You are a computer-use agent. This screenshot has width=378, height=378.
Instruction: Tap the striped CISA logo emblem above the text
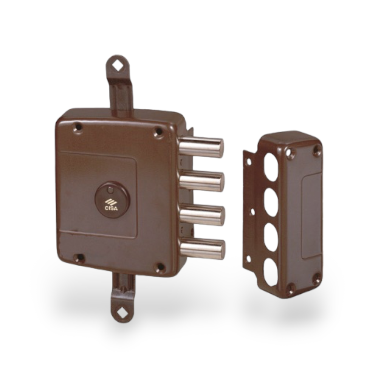click(x=111, y=200)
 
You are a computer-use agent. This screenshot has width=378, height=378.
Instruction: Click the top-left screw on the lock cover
click(x=78, y=128)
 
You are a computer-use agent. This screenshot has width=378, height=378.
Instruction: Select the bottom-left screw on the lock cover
click(x=79, y=258)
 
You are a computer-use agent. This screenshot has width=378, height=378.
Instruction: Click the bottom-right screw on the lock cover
click(x=160, y=267)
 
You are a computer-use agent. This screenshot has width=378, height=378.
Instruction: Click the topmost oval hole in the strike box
click(x=271, y=166)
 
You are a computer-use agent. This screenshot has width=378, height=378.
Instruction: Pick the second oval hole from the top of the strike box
click(x=271, y=202)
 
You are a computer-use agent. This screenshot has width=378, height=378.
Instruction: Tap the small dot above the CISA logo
click(x=110, y=190)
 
